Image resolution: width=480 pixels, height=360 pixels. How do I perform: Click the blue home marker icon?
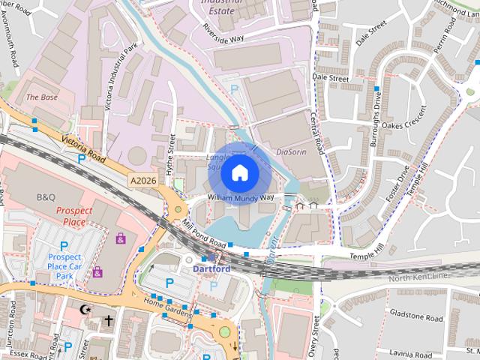239,173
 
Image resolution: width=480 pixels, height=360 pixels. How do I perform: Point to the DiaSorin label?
292,151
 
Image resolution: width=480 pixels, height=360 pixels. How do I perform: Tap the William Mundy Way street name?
241,198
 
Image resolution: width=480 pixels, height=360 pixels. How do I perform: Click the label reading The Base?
41,97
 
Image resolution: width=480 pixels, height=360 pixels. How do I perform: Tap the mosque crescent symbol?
85,309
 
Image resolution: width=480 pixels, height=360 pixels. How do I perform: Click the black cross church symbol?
108,320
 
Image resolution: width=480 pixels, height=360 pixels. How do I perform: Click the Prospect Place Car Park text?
64,265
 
